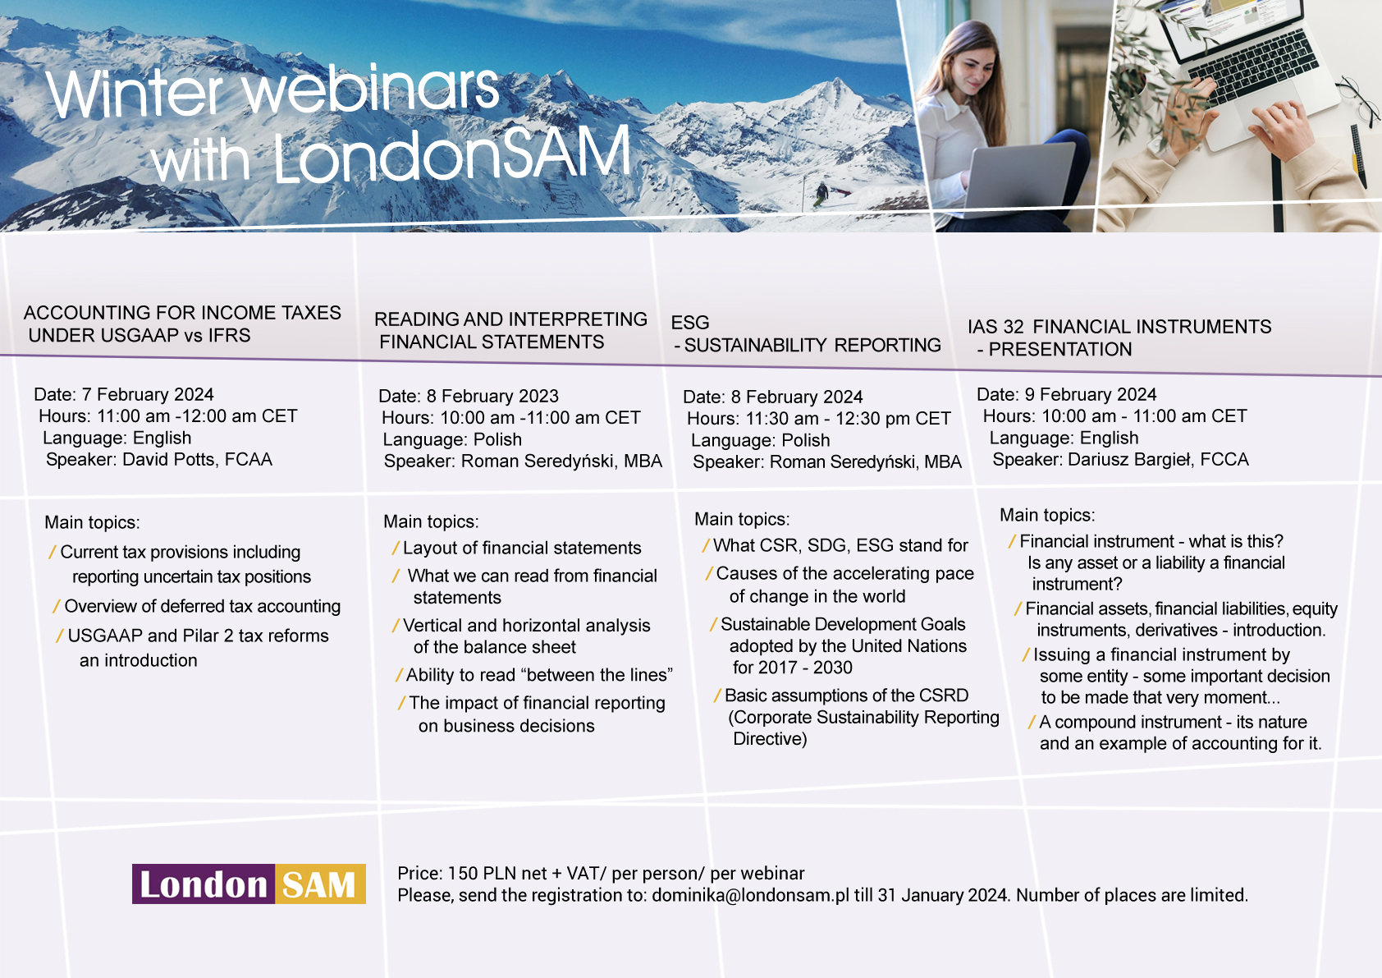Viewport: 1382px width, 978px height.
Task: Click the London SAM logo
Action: (x=249, y=884)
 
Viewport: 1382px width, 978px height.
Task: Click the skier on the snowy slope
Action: (x=821, y=194)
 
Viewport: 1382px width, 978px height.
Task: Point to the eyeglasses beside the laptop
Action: (x=1357, y=101)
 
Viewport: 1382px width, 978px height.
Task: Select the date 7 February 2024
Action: (x=148, y=394)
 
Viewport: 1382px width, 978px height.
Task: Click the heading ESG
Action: (x=689, y=322)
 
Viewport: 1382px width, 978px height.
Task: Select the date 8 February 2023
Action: (x=492, y=396)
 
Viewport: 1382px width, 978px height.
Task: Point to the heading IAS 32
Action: (x=995, y=327)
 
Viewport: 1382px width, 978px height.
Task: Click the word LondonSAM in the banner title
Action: (x=452, y=154)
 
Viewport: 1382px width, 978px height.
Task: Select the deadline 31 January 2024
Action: (x=944, y=895)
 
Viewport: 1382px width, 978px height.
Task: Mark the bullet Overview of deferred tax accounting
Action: (x=197, y=606)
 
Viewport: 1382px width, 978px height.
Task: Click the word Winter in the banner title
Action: (x=134, y=93)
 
